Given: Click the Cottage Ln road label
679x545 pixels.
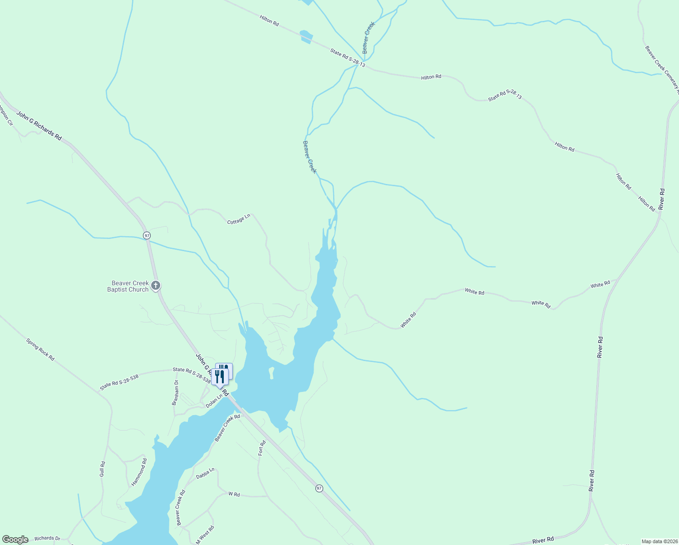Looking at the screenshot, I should coord(239,219).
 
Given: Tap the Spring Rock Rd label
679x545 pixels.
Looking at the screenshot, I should coord(40,349).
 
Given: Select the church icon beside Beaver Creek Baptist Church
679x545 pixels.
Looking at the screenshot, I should coord(155,286).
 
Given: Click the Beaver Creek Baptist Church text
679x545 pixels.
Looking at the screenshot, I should coord(128,286).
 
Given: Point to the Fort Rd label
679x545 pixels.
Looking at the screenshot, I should coord(261,448).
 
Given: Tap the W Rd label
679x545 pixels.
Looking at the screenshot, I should coord(234,494).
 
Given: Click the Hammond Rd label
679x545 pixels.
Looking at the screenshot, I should coord(139,472).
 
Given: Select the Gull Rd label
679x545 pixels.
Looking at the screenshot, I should coord(103,469).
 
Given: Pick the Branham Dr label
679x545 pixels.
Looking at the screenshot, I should coord(175,393).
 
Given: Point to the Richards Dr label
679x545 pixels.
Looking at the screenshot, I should coord(47,538).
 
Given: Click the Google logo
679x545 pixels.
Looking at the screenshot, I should coord(15,540).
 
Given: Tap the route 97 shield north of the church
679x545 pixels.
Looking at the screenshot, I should coord(147,235).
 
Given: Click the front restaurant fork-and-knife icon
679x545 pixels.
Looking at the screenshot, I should coord(220,377).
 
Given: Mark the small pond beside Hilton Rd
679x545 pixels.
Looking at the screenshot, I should coord(306,36).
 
